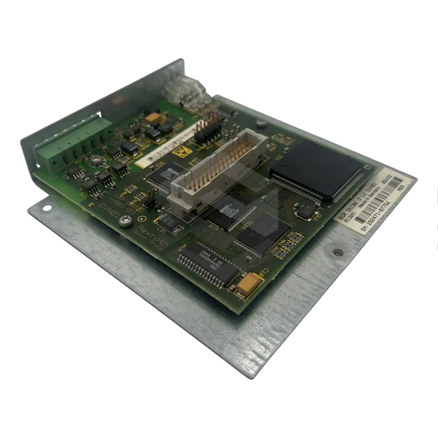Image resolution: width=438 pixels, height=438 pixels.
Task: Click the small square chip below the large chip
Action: (306, 211)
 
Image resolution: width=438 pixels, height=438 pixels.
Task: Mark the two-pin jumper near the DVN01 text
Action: (151, 200)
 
